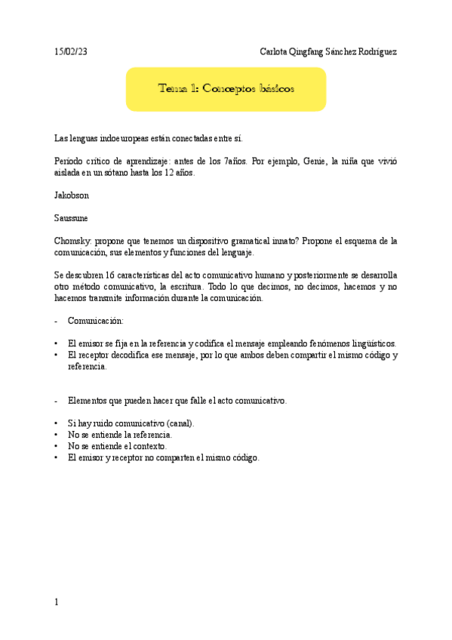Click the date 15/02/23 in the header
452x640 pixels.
click(x=71, y=51)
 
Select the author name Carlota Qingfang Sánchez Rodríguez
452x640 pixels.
click(x=327, y=51)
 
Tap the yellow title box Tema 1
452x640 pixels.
click(x=226, y=88)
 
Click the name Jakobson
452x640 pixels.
click(x=71, y=195)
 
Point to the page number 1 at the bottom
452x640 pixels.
click(x=57, y=602)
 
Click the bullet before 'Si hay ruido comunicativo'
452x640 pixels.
click(x=57, y=423)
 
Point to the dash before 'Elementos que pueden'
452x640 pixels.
click(x=57, y=400)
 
